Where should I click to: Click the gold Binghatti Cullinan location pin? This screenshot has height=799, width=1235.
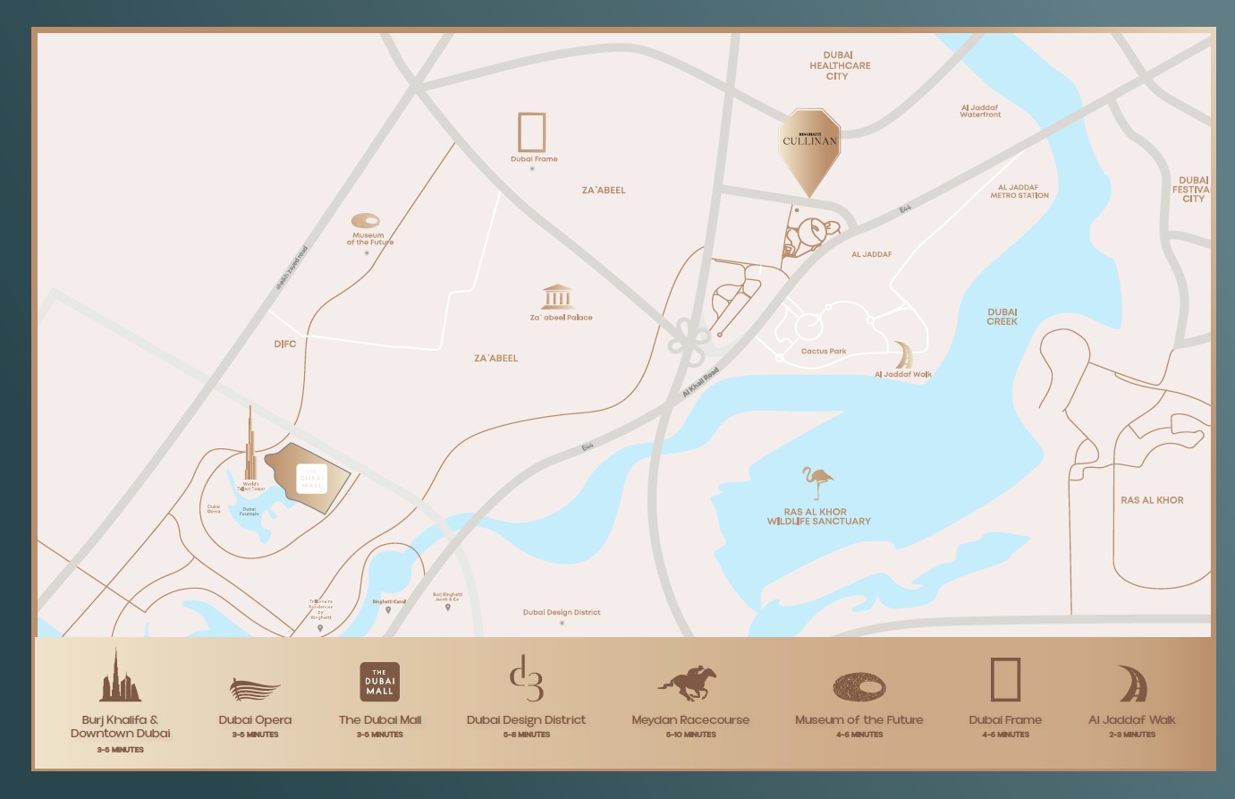[x=809, y=145]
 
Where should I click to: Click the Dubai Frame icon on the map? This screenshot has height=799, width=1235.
[x=532, y=132]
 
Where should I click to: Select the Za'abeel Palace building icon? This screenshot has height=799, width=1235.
[x=557, y=297]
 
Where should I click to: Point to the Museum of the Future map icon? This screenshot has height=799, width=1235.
[x=366, y=221]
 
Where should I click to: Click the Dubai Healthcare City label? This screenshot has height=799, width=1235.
[x=839, y=65]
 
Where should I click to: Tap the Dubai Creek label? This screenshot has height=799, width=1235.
[x=1002, y=317]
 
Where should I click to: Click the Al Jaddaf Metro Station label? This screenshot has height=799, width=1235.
[x=1019, y=191]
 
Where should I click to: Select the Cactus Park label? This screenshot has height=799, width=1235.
[x=824, y=352]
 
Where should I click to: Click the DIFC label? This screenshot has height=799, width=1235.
[x=285, y=344]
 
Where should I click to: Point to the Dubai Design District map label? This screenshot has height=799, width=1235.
[x=562, y=613]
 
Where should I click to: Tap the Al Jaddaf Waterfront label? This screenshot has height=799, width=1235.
[x=980, y=111]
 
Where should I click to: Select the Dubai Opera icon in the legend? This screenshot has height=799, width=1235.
[x=254, y=690]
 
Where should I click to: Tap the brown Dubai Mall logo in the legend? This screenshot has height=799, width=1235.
[x=379, y=682]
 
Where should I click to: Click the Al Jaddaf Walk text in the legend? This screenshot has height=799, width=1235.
[x=1131, y=719]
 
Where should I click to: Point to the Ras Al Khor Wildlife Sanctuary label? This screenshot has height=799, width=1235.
[x=818, y=516]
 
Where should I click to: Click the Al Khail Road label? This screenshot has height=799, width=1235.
[x=700, y=383]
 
